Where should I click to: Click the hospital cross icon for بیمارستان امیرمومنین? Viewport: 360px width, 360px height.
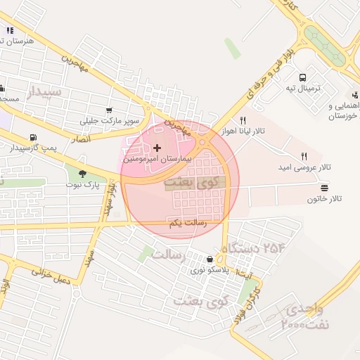156,148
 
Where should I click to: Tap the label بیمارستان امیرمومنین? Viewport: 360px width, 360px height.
155,160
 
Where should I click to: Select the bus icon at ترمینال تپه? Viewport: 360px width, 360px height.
302,77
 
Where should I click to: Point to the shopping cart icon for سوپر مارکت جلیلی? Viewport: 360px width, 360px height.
109,110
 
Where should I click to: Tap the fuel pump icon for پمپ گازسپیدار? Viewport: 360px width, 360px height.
32,137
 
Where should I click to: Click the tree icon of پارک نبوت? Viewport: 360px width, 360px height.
82,173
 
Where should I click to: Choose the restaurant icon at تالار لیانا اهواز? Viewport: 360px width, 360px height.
243,120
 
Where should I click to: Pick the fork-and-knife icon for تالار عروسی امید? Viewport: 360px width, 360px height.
304,156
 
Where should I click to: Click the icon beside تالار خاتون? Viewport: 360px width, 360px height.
323,188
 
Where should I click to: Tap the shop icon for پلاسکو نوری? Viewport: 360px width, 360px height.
209,259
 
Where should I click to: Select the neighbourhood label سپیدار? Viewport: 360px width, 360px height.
44,91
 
